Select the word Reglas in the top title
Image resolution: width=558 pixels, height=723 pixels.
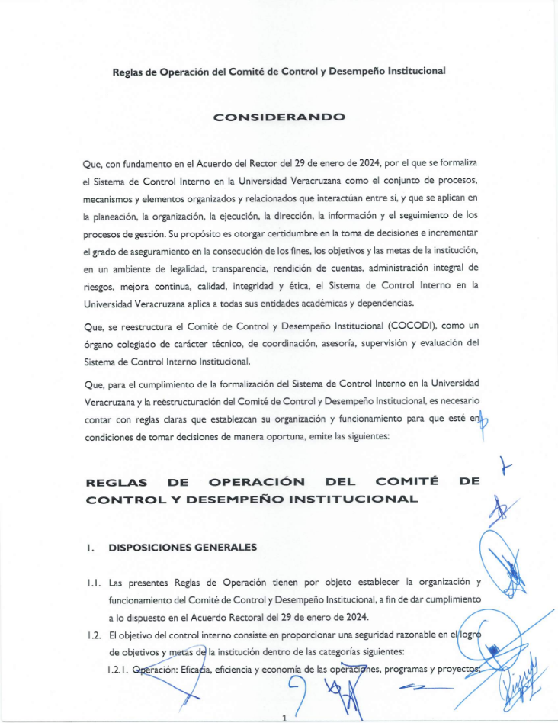(x=130, y=71)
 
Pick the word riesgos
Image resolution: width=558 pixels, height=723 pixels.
(x=98, y=285)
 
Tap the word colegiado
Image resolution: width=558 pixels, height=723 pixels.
(x=129, y=343)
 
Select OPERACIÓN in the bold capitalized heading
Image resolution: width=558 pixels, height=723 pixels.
(x=257, y=482)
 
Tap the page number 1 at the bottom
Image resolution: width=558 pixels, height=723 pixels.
(x=283, y=717)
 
